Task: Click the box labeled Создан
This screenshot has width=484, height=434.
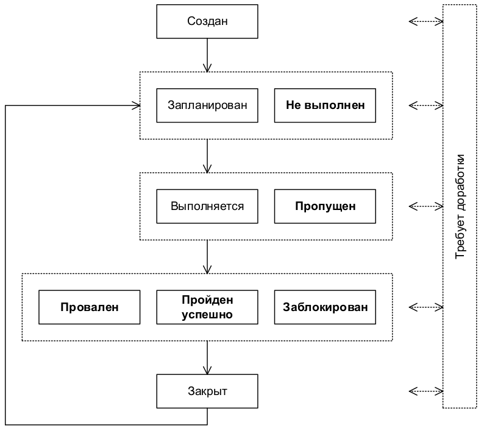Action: pos(207,22)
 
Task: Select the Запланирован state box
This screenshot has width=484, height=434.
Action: pos(207,105)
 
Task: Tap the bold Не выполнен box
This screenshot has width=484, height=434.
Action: pos(326,105)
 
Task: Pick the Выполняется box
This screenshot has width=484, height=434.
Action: pos(207,206)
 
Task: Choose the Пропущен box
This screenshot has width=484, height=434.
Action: pos(326,206)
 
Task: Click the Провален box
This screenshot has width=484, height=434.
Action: pos(89,307)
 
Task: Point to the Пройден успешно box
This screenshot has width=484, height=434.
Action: pos(207,307)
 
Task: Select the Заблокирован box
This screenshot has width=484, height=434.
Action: pos(326,307)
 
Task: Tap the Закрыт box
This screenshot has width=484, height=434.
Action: pos(207,391)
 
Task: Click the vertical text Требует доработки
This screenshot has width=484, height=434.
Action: pos(460,206)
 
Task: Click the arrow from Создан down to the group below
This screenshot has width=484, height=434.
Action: pos(207,55)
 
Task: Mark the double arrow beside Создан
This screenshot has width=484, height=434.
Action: pos(425,22)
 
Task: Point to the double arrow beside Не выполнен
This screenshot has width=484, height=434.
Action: pos(425,105)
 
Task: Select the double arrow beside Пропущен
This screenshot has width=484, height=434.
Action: pos(425,206)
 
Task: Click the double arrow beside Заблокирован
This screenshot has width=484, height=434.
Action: pos(425,307)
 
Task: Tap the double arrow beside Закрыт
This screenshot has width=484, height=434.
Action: pos(425,391)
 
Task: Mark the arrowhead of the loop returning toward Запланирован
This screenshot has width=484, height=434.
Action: pos(136,105)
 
